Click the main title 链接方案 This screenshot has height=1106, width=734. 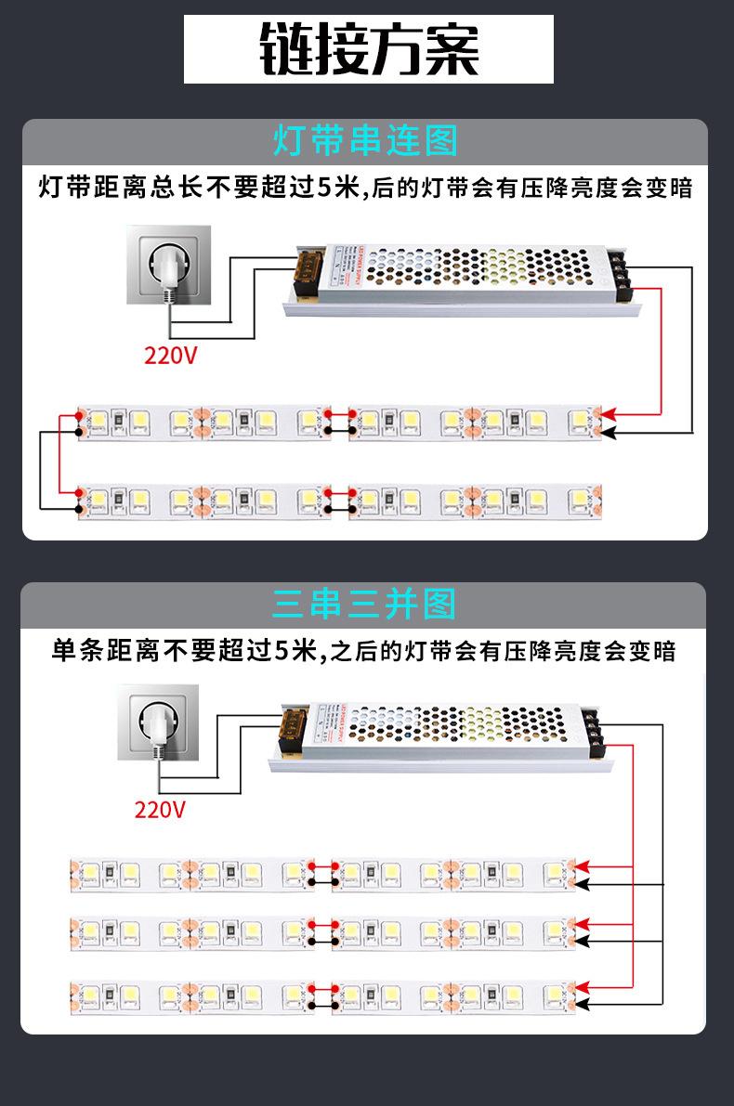tap(368, 49)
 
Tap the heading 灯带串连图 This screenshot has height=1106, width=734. tap(365, 141)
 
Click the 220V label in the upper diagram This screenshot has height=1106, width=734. tap(170, 355)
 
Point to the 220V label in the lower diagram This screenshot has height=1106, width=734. tap(160, 809)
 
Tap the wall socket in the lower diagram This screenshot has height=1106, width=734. tap(159, 722)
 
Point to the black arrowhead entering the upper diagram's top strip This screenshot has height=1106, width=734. tap(609, 432)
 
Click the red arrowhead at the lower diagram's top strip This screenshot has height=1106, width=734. tap(583, 866)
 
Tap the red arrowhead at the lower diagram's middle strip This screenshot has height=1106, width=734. tap(583, 924)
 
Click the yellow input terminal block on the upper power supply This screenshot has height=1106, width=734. tap(308, 270)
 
